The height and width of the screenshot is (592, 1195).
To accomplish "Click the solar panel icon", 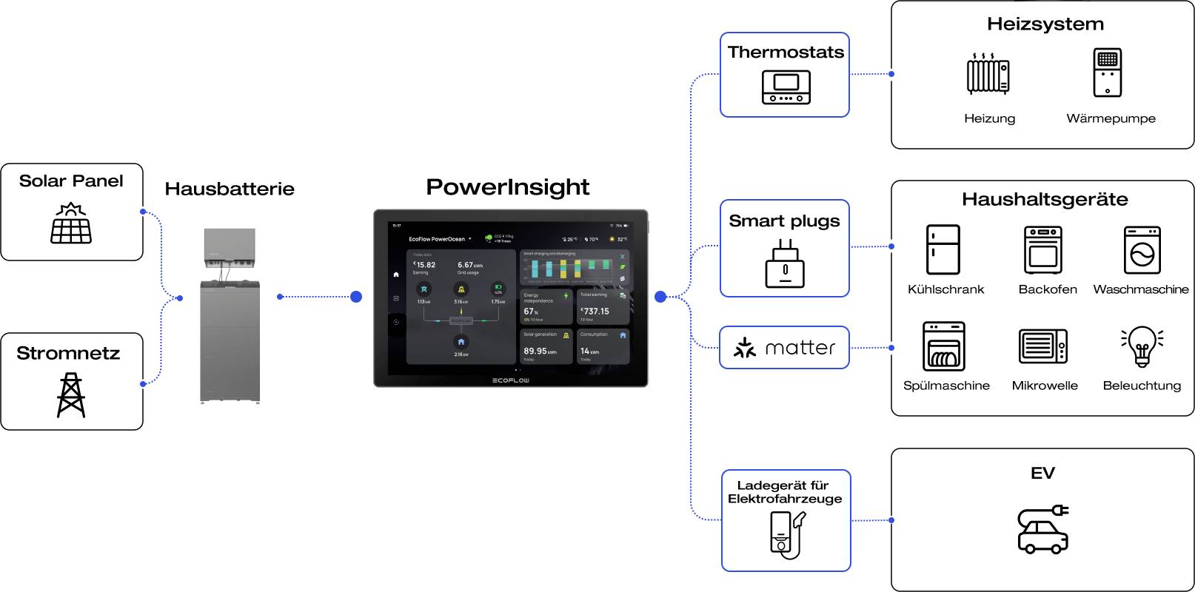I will coord(71,223).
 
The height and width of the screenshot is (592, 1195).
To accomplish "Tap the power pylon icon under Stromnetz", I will coord(71,395).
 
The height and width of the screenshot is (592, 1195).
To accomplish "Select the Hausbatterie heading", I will coord(230,189).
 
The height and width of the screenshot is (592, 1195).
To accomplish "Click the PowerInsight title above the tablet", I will coord(508,187).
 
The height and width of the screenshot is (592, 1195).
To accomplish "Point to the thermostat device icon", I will coord(786,87).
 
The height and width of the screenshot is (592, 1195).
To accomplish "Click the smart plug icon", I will coord(785,264).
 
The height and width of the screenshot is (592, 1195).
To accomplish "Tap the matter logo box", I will coord(784,348).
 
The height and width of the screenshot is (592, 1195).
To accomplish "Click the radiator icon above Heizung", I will coord(988,74).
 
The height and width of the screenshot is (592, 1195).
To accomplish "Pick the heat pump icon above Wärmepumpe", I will coord(1107,73).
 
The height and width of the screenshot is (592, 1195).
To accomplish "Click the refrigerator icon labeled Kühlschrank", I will coord(943,250).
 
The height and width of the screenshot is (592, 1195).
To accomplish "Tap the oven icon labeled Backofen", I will coord(1043,250).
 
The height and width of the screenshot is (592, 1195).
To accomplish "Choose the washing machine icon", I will coord(1142,250).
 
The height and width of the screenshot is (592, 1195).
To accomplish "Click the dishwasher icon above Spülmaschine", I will coord(943,346).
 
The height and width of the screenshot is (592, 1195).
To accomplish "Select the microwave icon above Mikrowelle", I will coord(1043,346).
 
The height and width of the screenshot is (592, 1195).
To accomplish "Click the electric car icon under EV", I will coord(1042,529).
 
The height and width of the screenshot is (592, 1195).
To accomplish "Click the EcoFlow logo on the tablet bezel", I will coord(511,380).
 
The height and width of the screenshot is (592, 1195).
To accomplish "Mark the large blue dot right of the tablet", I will coord(660,297).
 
